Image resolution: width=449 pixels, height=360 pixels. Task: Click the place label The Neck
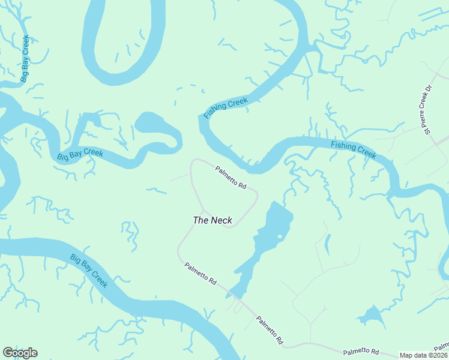click(x=212, y=220)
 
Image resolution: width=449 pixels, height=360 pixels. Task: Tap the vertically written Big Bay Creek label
click(x=25, y=58)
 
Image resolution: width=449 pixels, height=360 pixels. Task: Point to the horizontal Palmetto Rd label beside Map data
click(x=361, y=351)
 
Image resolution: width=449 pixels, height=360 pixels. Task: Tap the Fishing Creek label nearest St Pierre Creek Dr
click(x=354, y=149)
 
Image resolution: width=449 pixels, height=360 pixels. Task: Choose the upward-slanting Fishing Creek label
click(x=225, y=108)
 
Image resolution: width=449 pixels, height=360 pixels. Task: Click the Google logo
click(x=20, y=352)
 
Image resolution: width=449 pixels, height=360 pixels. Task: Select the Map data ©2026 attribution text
click(x=423, y=355)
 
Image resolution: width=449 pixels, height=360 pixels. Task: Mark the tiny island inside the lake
click(x=279, y=237)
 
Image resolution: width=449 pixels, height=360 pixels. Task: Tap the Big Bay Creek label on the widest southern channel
click(x=88, y=271)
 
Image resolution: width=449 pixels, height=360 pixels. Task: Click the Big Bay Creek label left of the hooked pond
click(x=80, y=154)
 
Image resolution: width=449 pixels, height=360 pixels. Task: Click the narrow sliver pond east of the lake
click(x=327, y=244)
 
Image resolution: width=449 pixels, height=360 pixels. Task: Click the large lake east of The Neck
click(x=270, y=234)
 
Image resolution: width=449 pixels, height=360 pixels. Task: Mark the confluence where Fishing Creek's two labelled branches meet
click(x=255, y=163)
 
